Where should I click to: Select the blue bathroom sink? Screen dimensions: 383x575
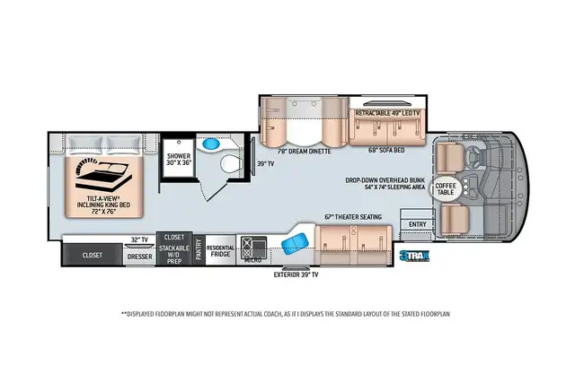[x=212, y=144]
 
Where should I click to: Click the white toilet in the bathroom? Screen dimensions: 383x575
[x=230, y=163]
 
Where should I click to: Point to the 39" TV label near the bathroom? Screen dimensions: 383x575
[x=265, y=164]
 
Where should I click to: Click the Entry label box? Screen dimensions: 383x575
[x=417, y=224]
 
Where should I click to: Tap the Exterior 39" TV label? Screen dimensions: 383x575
[x=296, y=275]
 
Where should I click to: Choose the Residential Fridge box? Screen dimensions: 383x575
[x=220, y=251]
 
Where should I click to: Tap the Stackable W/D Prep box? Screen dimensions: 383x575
[x=173, y=255]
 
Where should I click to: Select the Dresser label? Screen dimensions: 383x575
[x=139, y=256]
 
